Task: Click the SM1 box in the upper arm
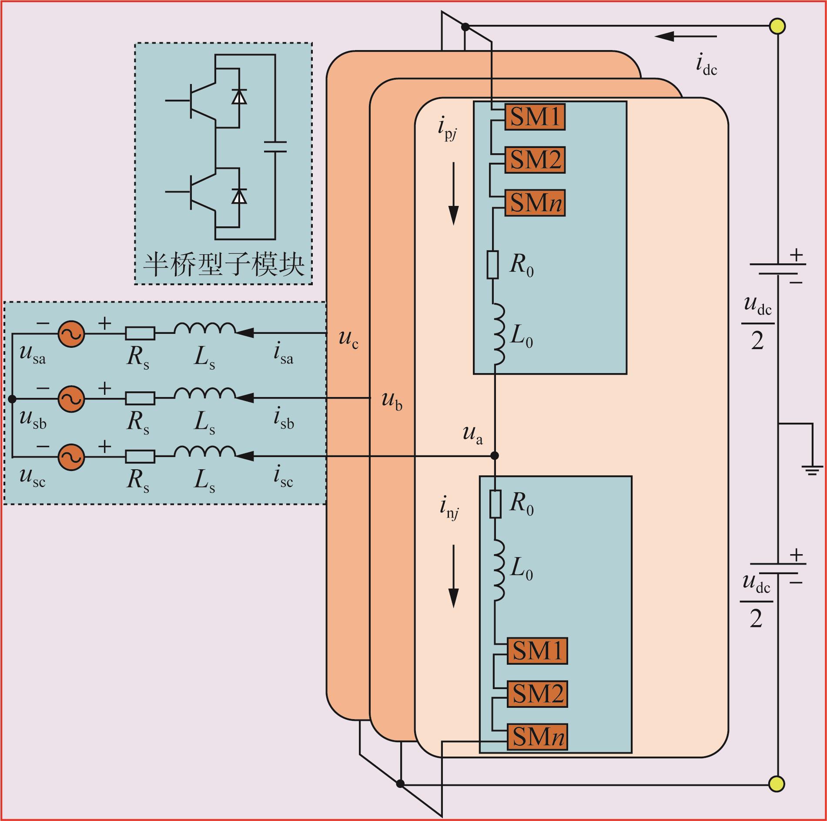click(535, 117)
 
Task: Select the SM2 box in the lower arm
click(537, 694)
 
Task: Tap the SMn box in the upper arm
click(535, 203)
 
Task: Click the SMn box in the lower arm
click(537, 737)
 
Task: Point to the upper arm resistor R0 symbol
click(492, 264)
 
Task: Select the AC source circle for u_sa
click(71, 334)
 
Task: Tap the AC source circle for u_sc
click(71, 457)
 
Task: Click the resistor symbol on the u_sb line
click(140, 398)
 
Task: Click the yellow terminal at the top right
click(777, 26)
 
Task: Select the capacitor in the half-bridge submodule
click(275, 147)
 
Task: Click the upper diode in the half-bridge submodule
click(239, 96)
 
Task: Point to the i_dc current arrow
click(685, 36)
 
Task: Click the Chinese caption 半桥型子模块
click(224, 264)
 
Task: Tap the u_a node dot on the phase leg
click(495, 456)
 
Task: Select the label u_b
click(392, 401)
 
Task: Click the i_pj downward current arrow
click(454, 194)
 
